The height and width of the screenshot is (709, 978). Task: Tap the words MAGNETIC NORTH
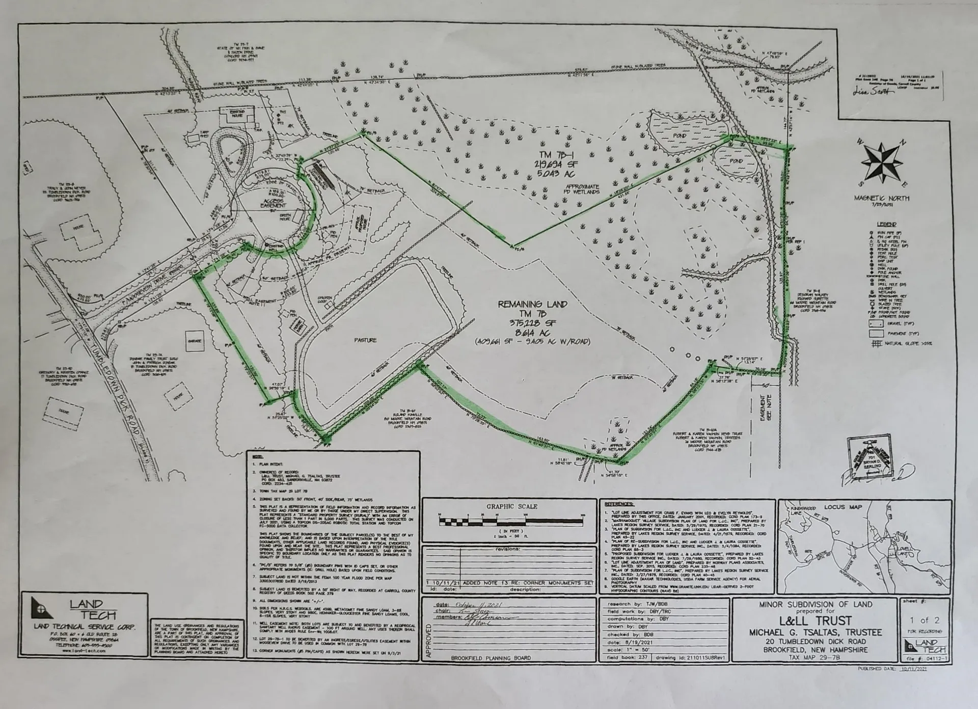[x=887, y=198]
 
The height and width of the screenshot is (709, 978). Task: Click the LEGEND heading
[x=887, y=224]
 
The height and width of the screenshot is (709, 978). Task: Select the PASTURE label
[x=366, y=340]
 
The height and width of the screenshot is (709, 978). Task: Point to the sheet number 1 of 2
[x=925, y=620]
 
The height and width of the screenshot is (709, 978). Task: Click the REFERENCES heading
[x=619, y=504]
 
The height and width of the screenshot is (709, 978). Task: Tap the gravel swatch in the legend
[x=876, y=323]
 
